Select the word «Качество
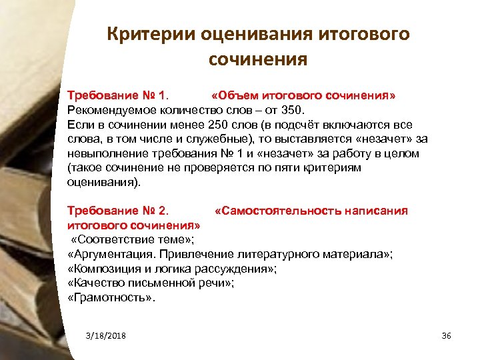pos(95,283)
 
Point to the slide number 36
pos(447,335)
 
